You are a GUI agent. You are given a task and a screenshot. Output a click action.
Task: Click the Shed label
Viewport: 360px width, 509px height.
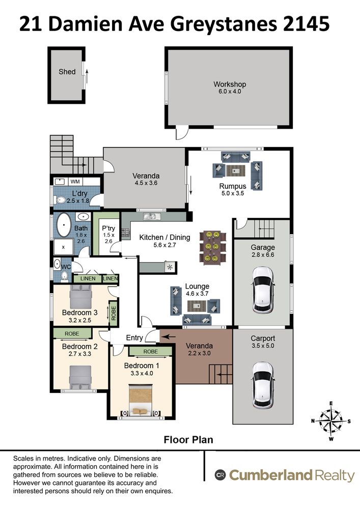(x=67, y=72)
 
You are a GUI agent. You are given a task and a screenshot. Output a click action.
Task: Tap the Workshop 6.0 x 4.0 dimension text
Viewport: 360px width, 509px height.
(x=230, y=92)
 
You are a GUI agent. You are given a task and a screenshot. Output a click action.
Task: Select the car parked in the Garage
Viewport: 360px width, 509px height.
(x=262, y=290)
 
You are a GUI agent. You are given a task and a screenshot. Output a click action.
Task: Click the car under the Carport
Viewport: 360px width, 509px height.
(x=262, y=385)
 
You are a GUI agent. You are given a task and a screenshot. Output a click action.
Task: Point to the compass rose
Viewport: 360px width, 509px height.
(x=331, y=421)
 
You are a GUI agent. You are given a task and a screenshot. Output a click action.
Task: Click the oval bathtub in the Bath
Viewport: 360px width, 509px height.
(x=64, y=225)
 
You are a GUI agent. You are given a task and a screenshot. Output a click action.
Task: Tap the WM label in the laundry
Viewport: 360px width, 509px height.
(x=75, y=182)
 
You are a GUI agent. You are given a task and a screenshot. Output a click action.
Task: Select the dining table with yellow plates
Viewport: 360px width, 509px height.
(x=213, y=246)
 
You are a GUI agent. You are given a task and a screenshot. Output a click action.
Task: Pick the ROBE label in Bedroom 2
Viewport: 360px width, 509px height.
(x=72, y=334)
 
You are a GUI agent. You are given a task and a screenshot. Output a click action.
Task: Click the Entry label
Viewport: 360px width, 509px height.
(x=134, y=338)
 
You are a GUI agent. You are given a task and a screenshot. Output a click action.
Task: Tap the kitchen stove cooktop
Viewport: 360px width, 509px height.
(x=125, y=233)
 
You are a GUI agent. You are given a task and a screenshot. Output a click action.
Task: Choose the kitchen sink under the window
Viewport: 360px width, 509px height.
(x=150, y=215)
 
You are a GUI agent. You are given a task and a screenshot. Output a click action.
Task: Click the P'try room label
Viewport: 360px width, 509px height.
(x=108, y=228)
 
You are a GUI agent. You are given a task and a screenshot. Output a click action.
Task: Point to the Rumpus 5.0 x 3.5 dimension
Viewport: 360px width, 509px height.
(x=233, y=193)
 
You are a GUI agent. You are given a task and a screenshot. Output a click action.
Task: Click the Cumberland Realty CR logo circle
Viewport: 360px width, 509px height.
(x=220, y=475)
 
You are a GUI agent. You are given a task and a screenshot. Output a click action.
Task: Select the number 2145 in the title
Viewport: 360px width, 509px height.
(x=306, y=24)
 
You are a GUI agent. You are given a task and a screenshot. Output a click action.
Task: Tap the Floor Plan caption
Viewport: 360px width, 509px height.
(x=188, y=440)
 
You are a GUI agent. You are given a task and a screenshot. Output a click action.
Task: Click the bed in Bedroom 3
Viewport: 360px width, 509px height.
(x=81, y=297)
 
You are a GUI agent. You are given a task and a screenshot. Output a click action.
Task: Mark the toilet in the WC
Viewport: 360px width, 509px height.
(x=65, y=276)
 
